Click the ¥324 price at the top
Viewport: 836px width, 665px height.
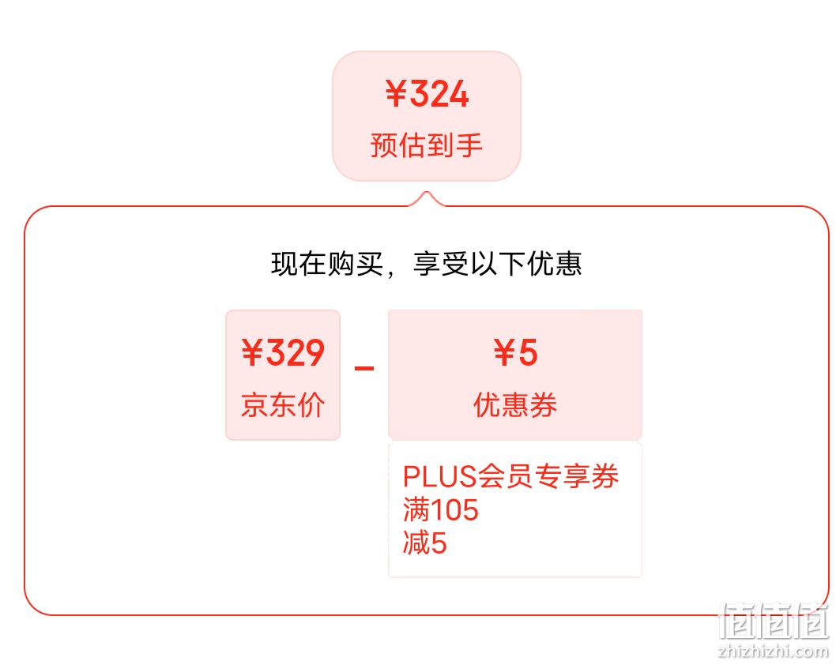[x=427, y=94]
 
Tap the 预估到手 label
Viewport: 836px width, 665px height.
[x=427, y=145]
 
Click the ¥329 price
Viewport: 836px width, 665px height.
[x=283, y=353]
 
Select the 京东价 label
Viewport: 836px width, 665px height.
[x=283, y=405]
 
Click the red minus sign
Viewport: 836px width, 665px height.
[x=364, y=368]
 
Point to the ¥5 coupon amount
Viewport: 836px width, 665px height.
[x=515, y=353]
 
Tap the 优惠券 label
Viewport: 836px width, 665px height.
[x=515, y=405]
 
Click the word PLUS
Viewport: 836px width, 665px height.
[x=439, y=476]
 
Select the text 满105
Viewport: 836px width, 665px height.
[x=440, y=510]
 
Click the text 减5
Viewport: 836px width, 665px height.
[x=425, y=543]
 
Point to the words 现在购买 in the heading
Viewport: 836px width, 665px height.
[x=327, y=264]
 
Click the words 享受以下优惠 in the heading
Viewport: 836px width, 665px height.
[x=497, y=264]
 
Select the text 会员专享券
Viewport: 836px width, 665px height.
[x=548, y=476]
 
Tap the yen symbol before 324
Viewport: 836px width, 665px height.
[x=396, y=94]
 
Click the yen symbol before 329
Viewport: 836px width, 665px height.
[x=252, y=353]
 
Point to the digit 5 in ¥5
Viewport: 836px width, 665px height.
[x=528, y=353]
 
